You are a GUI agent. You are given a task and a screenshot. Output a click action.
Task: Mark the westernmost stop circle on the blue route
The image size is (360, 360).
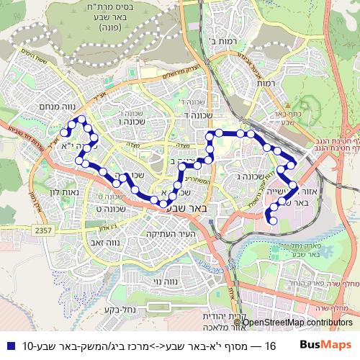coord(64,132)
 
